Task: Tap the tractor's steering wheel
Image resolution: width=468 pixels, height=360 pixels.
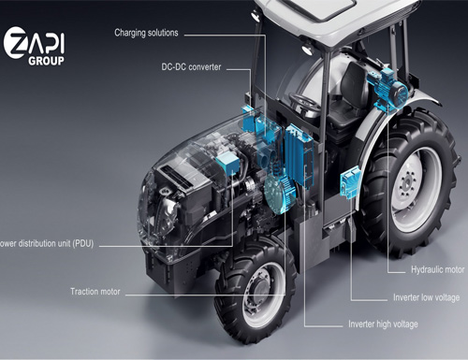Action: point(304,100)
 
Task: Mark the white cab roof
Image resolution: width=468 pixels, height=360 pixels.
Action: point(318,17)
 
